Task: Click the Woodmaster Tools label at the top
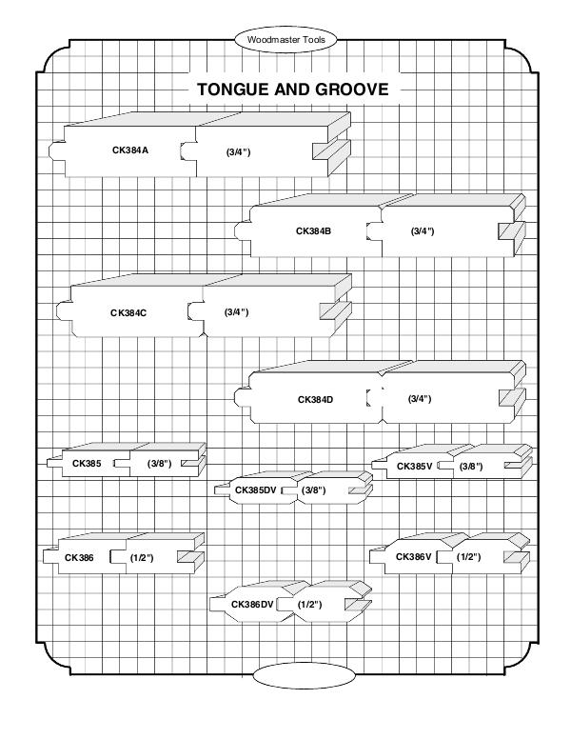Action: [285, 41]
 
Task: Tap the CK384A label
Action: [130, 150]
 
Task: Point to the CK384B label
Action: [313, 231]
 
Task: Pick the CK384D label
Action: [315, 399]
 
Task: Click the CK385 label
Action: [87, 464]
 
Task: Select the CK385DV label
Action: [254, 490]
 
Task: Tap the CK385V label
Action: [414, 466]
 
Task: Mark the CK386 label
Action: [80, 557]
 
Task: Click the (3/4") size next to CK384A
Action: [237, 151]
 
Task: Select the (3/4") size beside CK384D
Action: [420, 399]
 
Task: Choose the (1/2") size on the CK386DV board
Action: [310, 605]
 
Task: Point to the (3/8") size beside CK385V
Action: [471, 466]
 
